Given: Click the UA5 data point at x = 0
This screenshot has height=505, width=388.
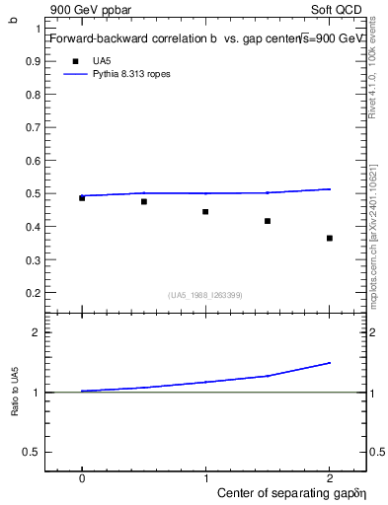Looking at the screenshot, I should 82,198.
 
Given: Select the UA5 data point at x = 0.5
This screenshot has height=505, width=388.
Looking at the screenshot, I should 144,202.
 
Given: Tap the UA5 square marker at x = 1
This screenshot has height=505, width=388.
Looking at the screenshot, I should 205,212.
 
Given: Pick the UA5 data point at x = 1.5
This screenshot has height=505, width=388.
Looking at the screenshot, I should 268,221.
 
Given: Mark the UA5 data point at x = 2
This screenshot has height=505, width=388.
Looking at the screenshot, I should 330,238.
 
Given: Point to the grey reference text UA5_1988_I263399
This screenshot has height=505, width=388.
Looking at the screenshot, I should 205,295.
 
